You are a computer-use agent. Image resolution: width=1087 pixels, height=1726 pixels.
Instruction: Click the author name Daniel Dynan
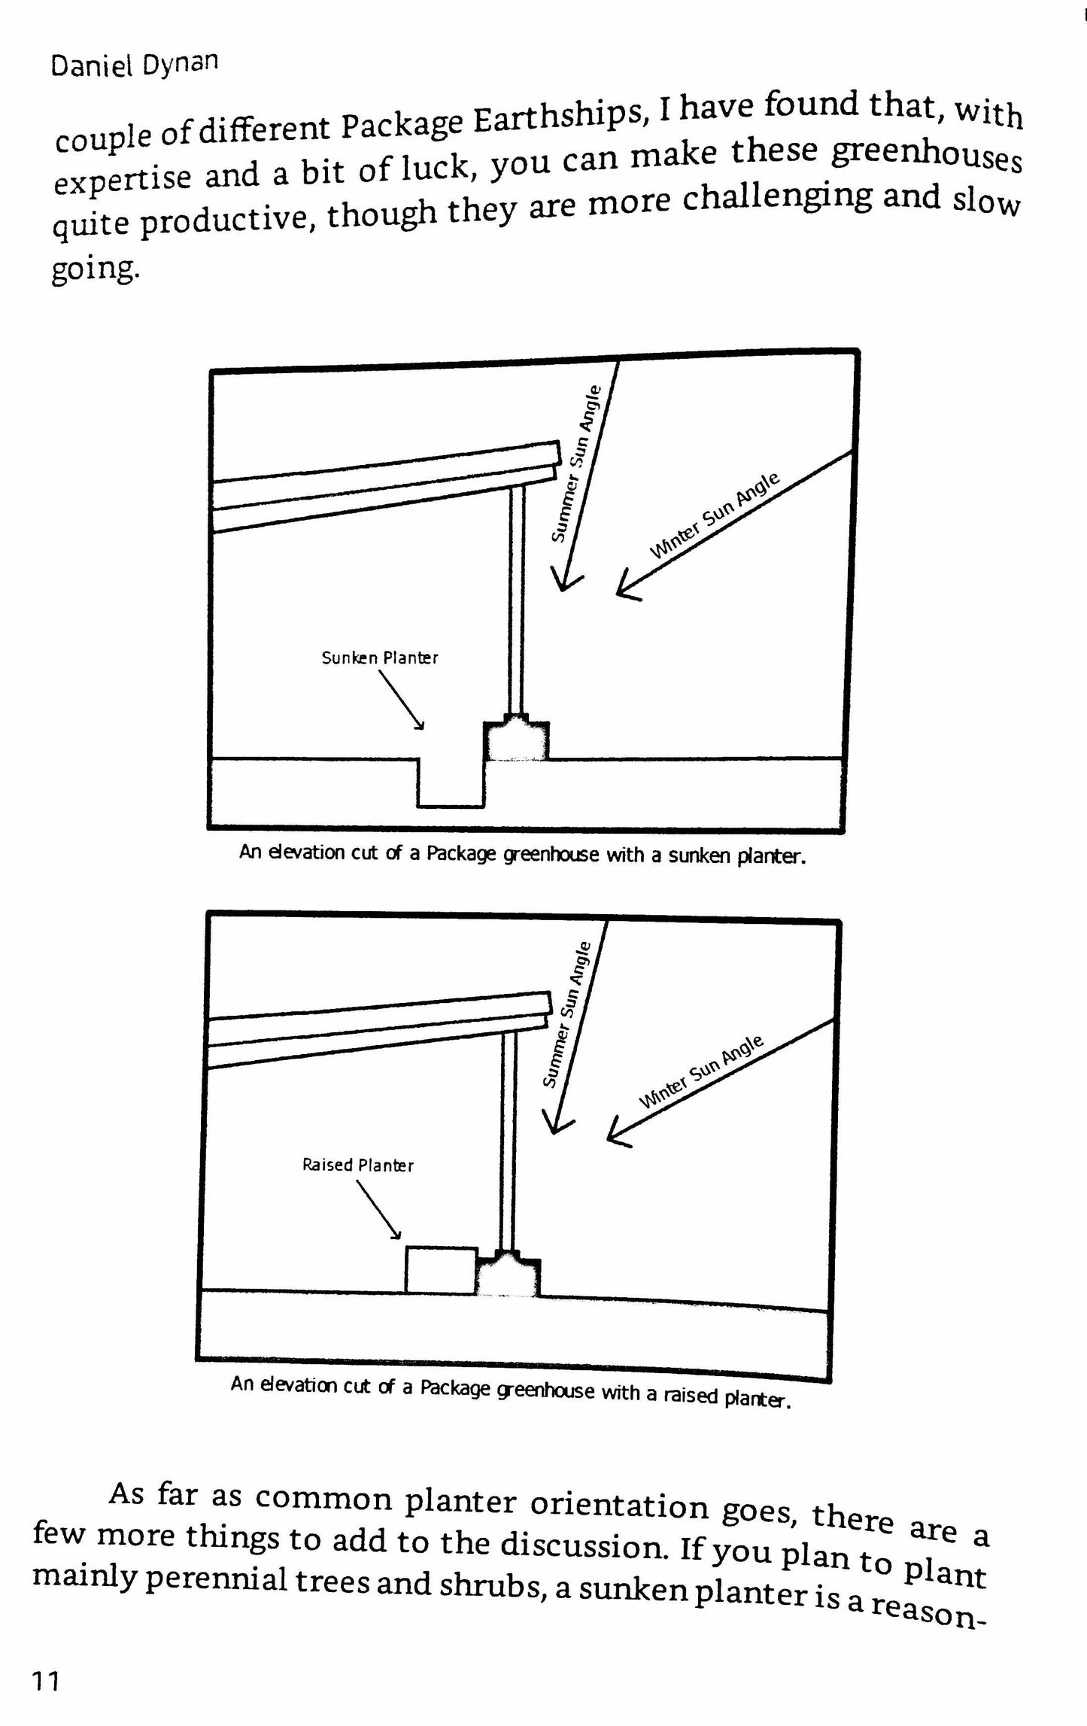pos(134,65)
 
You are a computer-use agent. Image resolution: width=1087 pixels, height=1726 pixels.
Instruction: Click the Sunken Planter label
pos(380,658)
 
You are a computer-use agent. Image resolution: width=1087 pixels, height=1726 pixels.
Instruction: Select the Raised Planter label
pos(358,1165)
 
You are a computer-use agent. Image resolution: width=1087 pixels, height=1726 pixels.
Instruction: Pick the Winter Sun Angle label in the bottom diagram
pos(701,1071)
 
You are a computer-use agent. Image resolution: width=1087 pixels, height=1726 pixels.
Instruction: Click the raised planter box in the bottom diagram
pos(442,1270)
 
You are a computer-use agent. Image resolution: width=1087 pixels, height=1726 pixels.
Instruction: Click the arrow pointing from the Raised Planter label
pos(379,1208)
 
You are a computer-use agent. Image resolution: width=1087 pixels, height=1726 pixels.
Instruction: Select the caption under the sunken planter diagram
pos(522,853)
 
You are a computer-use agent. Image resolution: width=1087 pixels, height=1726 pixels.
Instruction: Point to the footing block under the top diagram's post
pos(516,740)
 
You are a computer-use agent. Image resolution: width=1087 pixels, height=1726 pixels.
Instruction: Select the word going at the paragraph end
pos(96,269)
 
